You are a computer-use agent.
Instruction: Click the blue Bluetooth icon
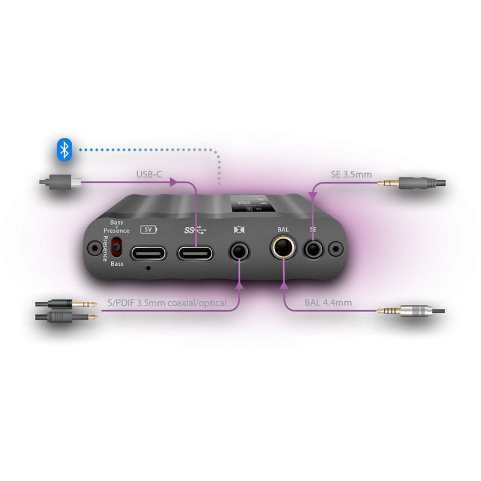[x=64, y=150]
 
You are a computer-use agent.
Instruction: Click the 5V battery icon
[x=147, y=229]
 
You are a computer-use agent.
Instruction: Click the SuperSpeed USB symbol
[x=196, y=229]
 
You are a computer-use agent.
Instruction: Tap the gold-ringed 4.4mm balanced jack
[x=282, y=247]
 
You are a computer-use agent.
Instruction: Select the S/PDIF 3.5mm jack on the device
[x=239, y=251]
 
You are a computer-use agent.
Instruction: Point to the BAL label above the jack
[x=283, y=229]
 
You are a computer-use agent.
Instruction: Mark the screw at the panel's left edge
[x=94, y=247]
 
